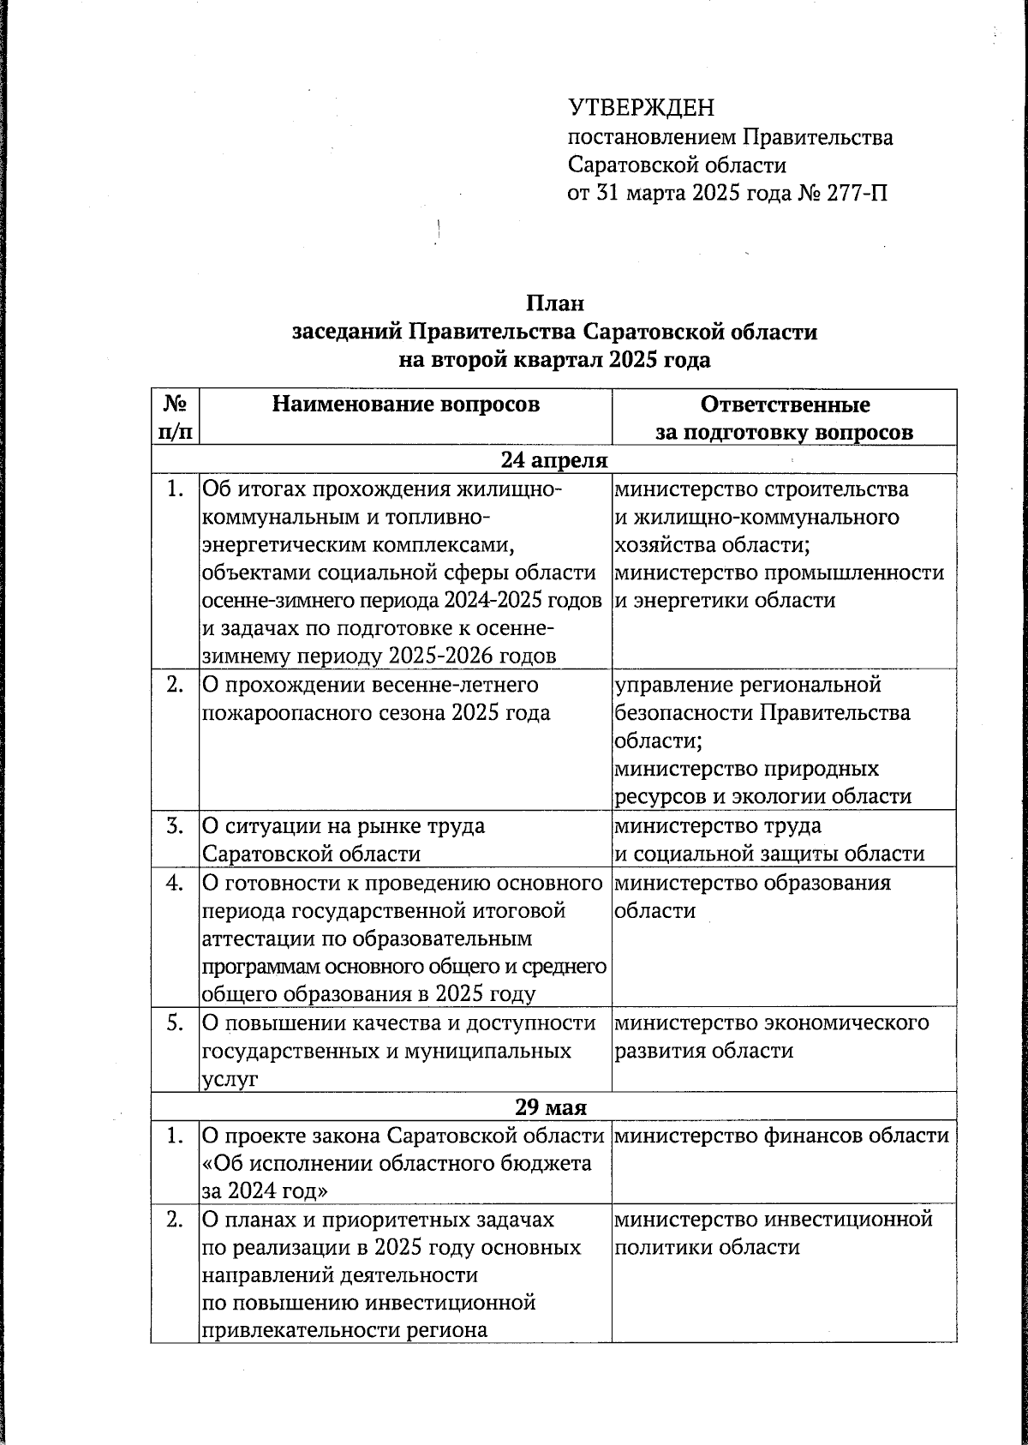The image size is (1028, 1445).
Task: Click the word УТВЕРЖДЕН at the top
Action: coord(641,108)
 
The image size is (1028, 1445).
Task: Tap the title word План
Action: coord(554,304)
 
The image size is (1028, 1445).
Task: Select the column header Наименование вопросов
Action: coord(406,405)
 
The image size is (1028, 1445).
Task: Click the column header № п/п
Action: coord(175,417)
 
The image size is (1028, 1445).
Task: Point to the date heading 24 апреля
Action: coord(554,461)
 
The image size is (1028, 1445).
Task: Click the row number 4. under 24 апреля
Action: coord(175,884)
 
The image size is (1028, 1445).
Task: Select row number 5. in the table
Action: coord(175,1023)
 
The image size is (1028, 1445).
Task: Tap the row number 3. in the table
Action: coord(175,827)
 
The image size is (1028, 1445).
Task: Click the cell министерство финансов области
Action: coord(781,1136)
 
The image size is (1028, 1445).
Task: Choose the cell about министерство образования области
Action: coord(753,896)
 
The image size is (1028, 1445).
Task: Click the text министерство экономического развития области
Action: coord(771,1037)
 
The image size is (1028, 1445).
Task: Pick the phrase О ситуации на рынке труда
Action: coord(344,827)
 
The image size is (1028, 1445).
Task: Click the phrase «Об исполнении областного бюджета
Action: coord(397,1164)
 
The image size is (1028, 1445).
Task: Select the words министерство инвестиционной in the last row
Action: coord(773,1219)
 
